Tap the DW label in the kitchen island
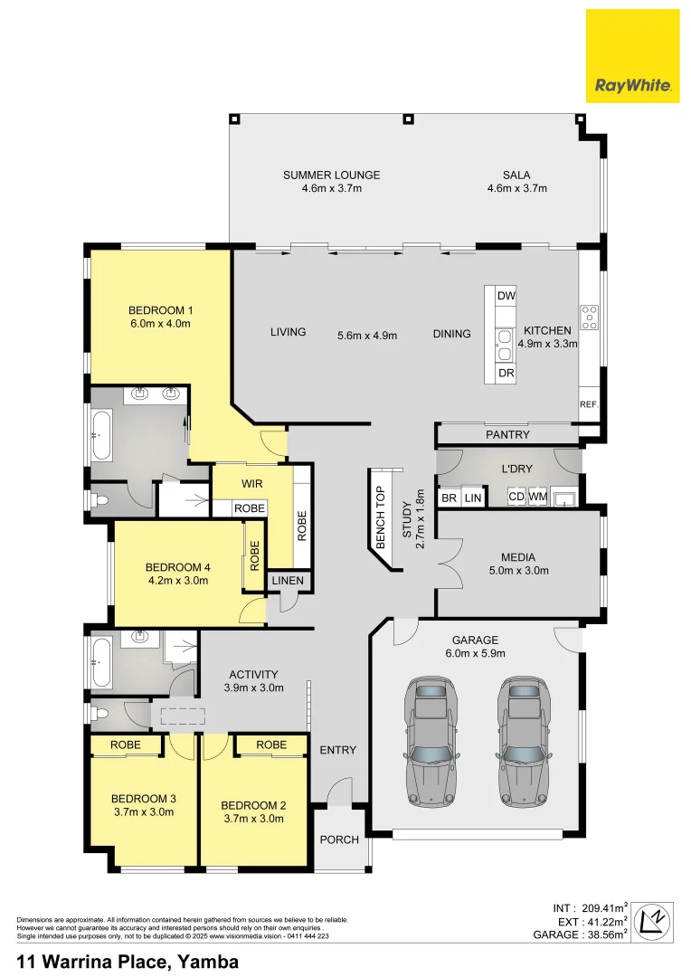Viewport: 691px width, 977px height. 506,296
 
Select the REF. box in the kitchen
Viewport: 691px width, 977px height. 589,404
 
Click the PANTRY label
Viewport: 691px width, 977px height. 507,435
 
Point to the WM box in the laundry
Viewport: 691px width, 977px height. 537,497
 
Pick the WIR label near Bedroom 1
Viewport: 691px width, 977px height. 251,484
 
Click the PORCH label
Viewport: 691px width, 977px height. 338,839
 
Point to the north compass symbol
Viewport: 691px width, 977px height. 652,922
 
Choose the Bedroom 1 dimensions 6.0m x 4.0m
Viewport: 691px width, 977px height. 160,324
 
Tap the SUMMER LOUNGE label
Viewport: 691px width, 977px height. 331,175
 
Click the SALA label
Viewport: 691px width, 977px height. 516,175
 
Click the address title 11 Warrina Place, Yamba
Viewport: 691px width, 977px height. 128,962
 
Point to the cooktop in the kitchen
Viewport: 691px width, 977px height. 589,317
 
